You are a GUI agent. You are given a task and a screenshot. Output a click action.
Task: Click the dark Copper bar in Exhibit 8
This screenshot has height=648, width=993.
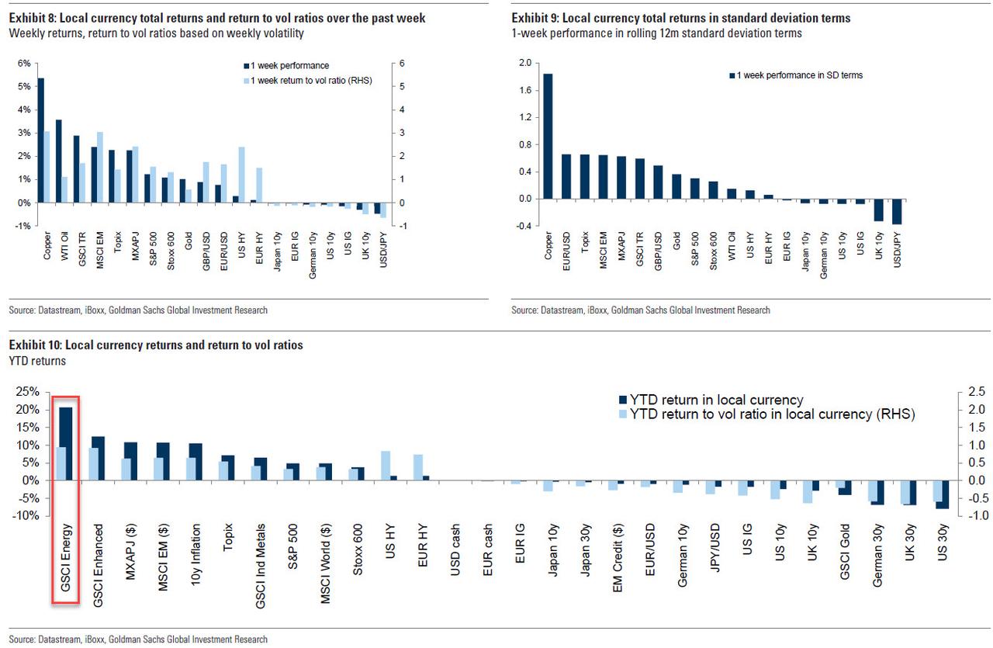point(41,140)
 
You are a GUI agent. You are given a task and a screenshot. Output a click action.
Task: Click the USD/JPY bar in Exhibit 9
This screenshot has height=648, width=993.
point(897,212)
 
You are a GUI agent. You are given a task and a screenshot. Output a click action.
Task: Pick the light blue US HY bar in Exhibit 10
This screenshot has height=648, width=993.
point(386,466)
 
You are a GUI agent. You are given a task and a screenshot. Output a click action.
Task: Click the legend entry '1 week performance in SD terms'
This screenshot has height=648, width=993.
point(799,75)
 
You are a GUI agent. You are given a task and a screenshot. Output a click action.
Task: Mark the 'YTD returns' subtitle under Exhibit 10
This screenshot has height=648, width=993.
point(37,361)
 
